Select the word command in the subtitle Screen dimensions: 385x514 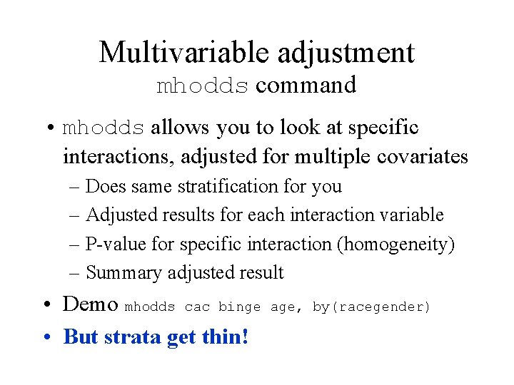306,85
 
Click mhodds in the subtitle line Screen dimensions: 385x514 203,86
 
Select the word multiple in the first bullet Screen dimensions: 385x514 318,156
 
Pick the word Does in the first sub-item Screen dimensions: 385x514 105,187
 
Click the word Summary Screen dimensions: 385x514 124,272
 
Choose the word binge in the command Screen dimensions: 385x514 239,307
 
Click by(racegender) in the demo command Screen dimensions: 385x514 372,307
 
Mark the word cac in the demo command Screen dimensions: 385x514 196,307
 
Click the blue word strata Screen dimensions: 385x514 133,336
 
